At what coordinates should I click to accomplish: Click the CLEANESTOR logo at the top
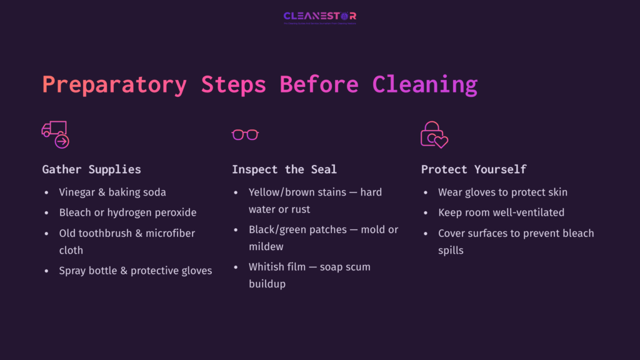(319, 16)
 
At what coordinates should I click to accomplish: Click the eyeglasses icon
(245, 134)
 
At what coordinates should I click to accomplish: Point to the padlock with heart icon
(434, 134)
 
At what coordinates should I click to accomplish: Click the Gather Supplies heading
(91, 169)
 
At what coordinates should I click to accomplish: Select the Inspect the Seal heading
(284, 169)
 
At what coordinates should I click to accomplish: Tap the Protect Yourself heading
(473, 169)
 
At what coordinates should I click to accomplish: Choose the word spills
(451, 250)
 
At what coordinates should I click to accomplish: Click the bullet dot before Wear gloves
(426, 192)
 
